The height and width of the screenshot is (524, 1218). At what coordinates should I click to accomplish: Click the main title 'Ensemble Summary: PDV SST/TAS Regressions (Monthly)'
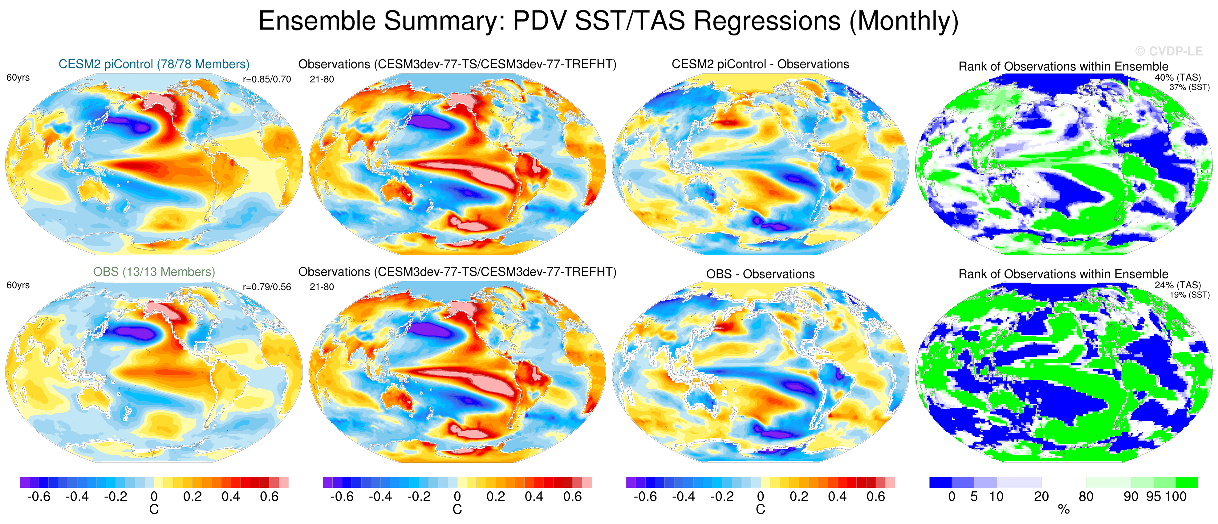pos(608,21)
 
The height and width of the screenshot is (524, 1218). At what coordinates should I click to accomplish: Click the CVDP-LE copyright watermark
pos(1169,51)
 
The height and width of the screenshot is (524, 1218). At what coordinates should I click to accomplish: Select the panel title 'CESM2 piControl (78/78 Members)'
pos(154,64)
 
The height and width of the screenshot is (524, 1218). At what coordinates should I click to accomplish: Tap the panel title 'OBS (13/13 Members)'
pos(154,272)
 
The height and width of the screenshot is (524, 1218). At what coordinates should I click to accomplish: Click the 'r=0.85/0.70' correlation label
pos(267,79)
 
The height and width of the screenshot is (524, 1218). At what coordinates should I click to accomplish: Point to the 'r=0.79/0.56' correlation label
pos(267,287)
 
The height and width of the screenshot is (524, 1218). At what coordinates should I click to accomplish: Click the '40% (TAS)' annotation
pos(1177,78)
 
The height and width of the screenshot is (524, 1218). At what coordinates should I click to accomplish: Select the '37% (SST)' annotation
pos(1189,87)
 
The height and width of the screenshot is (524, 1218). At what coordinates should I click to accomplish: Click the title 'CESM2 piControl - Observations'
pos(760,64)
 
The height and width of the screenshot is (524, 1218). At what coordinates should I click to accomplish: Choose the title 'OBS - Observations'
pos(760,274)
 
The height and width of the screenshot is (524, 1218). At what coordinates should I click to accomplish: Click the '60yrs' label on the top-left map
pos(18,78)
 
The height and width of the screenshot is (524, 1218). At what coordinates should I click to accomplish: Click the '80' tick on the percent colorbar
pos(1086,497)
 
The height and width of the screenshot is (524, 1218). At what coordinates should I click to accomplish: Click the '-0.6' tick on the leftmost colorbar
pos(39,497)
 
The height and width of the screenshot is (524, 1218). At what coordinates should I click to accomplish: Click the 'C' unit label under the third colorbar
pos(760,509)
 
